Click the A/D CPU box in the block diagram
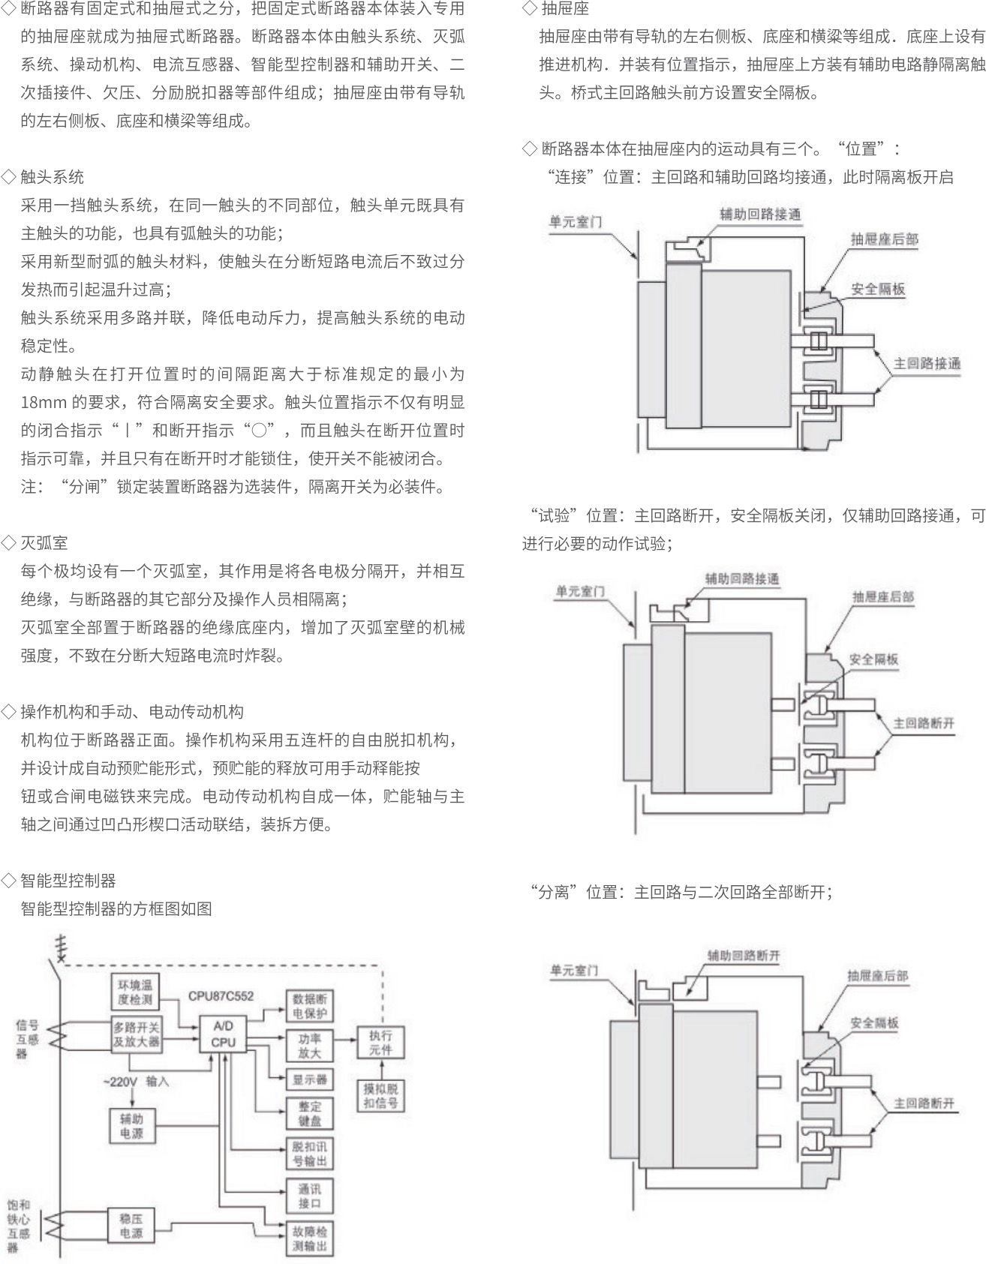point(223,1034)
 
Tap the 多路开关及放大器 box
point(136,1034)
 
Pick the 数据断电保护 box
point(309,1006)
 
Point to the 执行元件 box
point(380,1042)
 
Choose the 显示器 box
point(309,1080)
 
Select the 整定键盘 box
point(309,1113)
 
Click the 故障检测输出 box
point(309,1238)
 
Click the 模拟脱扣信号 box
point(380,1095)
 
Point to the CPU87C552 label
point(221,996)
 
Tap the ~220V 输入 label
point(136,1081)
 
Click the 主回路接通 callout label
point(927,364)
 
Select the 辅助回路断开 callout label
point(743,955)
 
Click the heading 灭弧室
point(44,542)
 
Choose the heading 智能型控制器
point(68,880)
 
